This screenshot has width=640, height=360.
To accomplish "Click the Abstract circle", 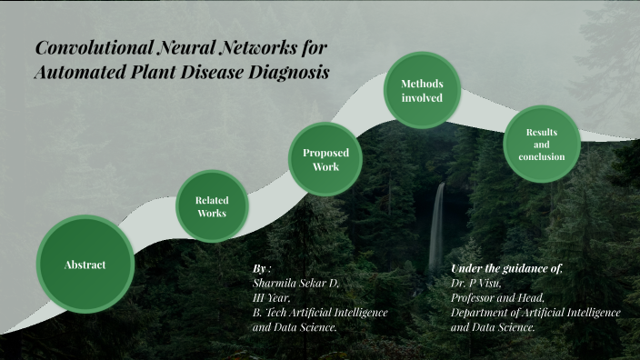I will click(x=85, y=265).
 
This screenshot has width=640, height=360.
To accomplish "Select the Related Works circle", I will click(x=212, y=206).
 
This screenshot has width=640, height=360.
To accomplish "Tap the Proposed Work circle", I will click(x=325, y=160).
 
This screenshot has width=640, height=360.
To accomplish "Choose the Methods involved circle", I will click(x=422, y=90).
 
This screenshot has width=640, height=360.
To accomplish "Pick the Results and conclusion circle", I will click(x=542, y=145).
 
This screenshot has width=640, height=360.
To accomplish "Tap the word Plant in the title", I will click(x=152, y=72).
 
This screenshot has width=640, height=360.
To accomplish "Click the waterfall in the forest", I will click(x=437, y=227).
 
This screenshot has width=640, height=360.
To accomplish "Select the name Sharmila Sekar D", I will click(x=295, y=284).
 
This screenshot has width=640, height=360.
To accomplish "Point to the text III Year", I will click(x=272, y=297).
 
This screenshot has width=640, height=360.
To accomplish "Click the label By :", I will click(x=262, y=269).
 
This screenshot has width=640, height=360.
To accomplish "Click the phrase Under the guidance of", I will click(x=507, y=269).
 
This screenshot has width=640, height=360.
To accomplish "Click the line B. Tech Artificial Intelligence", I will click(x=320, y=312).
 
